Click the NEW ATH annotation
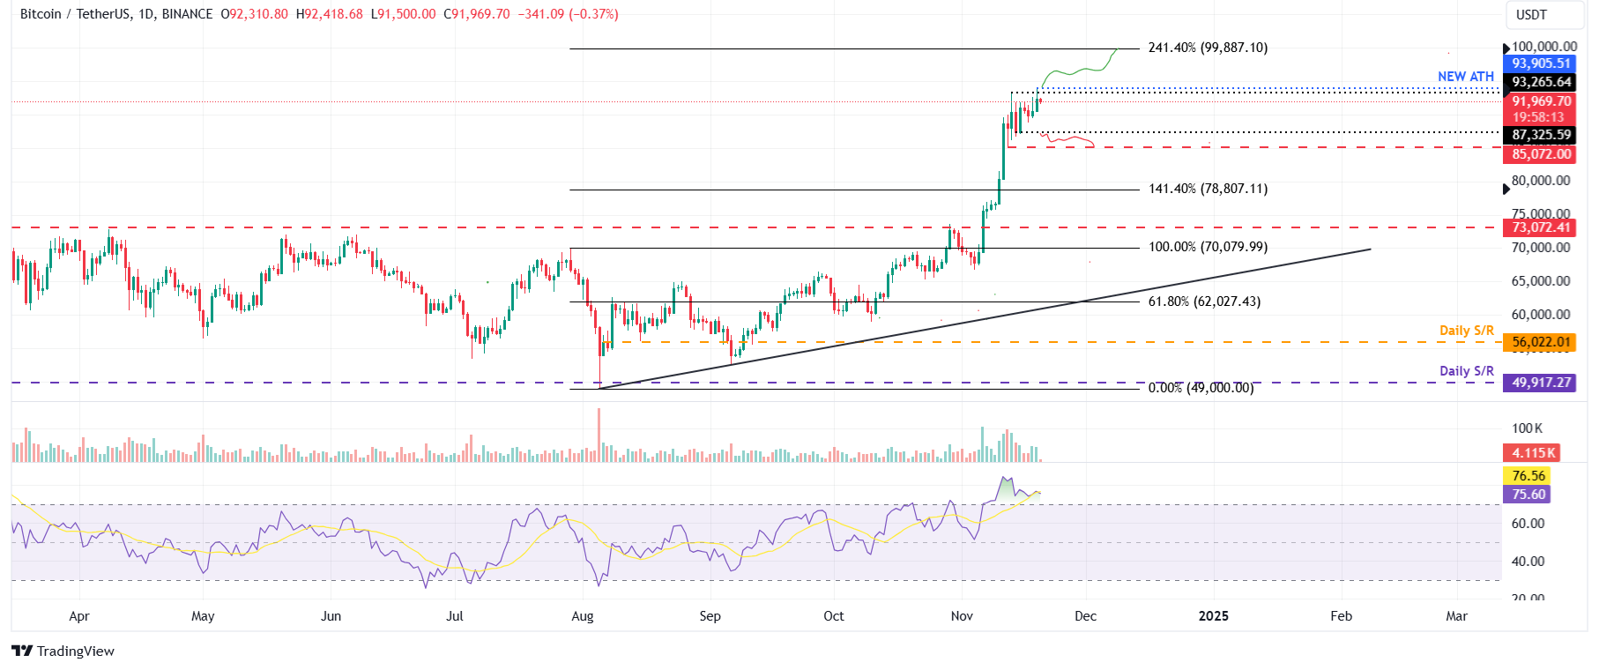[1465, 77]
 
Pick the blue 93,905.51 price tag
[1540, 63]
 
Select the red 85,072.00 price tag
[1540, 154]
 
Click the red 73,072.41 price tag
[1540, 227]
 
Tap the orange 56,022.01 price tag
[1540, 342]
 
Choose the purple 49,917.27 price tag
[1540, 383]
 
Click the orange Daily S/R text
[1466, 331]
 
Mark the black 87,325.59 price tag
[1540, 135]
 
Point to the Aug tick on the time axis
[583, 616]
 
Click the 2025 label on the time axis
[1213, 616]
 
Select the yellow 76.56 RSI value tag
[1528, 476]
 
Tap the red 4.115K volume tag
[1531, 453]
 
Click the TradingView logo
[63, 651]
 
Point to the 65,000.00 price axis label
[1540, 281]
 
